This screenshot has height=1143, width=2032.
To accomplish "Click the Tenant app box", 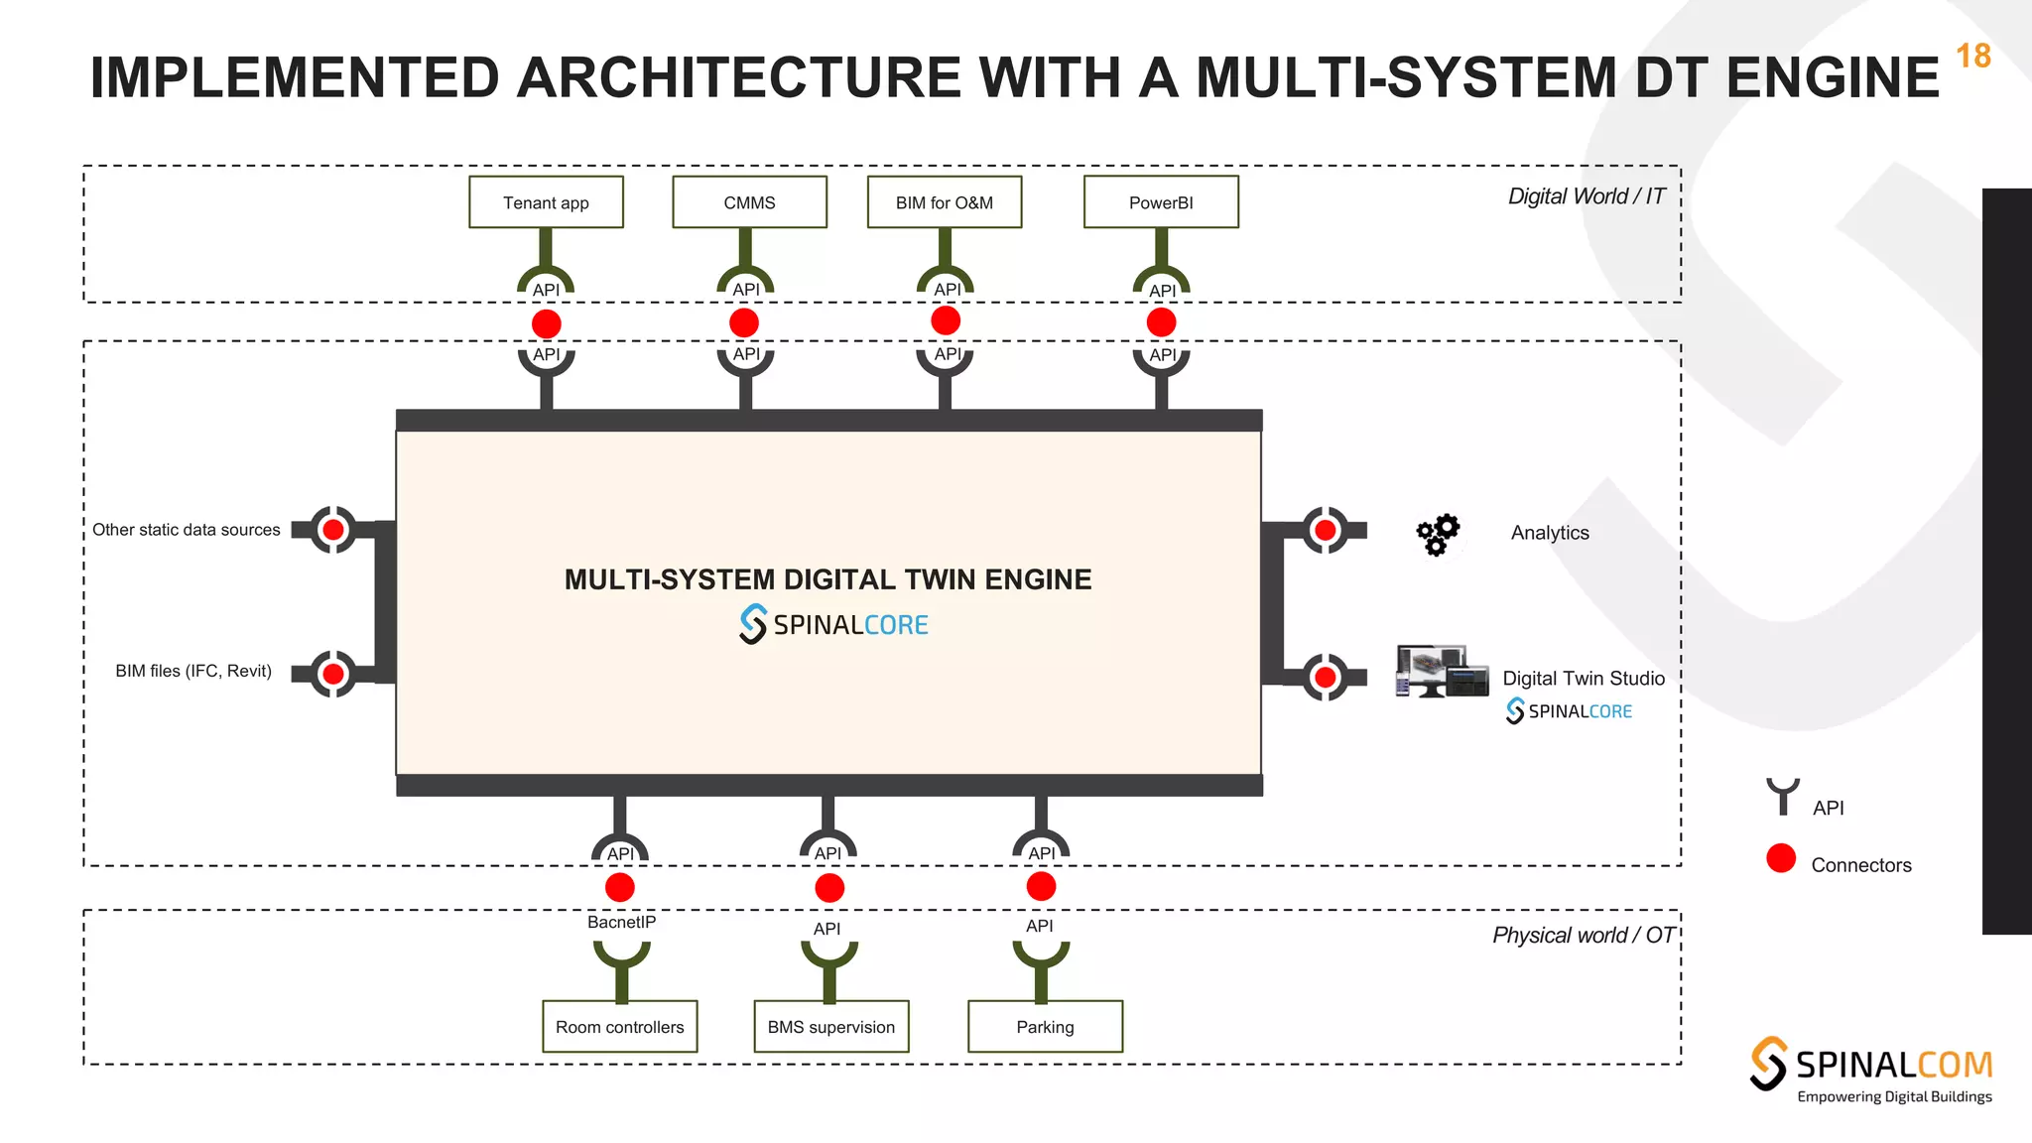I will pyautogui.click(x=546, y=202).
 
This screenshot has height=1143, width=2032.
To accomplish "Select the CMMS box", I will pyautogui.click(x=749, y=202).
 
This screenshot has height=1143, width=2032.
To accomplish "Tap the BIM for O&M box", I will pyautogui.click(x=944, y=202).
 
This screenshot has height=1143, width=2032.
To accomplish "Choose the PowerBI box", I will pyautogui.click(x=1161, y=202).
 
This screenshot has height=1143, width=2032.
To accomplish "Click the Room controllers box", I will pyautogui.click(x=620, y=1026).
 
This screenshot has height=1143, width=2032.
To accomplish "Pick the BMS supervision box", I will pyautogui.click(x=830, y=1026).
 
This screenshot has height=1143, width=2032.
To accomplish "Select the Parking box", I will pyautogui.click(x=1045, y=1026).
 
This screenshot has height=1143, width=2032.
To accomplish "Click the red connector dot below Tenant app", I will pyautogui.click(x=547, y=323).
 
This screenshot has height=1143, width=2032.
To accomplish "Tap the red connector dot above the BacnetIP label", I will pyautogui.click(x=620, y=887).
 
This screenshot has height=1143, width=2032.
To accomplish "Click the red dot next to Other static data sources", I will pyautogui.click(x=333, y=530).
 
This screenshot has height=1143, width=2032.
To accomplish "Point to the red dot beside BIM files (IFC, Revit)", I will pyautogui.click(x=333, y=675).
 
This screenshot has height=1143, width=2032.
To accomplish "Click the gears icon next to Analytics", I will pyautogui.click(x=1438, y=535).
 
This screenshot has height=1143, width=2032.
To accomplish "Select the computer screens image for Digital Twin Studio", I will pyautogui.click(x=1442, y=672).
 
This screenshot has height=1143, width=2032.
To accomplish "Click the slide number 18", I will pyautogui.click(x=1972, y=57).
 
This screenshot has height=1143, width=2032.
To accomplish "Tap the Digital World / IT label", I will pyautogui.click(x=1586, y=196).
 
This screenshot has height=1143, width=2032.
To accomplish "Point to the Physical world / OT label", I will pyautogui.click(x=1583, y=935).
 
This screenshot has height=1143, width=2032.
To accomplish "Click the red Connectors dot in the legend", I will pyautogui.click(x=1781, y=858).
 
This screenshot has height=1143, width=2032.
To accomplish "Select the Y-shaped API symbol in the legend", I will pyautogui.click(x=1783, y=796).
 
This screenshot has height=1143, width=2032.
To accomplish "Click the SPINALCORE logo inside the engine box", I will pyautogui.click(x=833, y=624).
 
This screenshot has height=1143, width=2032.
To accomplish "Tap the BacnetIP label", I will pyautogui.click(x=621, y=922).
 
